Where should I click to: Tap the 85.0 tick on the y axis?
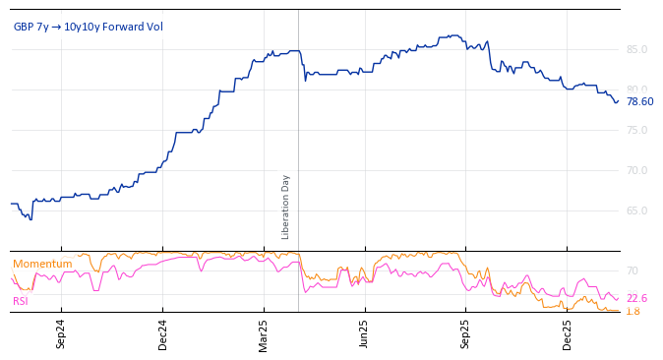click(636, 49)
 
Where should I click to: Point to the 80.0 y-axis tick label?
click(636, 90)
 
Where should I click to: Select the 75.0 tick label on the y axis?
click(636, 130)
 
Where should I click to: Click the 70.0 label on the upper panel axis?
click(636, 170)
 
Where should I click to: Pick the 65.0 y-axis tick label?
click(636, 210)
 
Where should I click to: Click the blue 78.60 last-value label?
click(639, 101)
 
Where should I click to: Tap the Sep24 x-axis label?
click(61, 333)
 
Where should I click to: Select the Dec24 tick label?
click(162, 333)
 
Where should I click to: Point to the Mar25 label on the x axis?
click(264, 333)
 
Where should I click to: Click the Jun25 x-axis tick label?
click(365, 333)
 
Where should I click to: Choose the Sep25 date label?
click(466, 333)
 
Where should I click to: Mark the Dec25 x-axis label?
click(568, 333)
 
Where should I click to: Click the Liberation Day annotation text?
click(286, 207)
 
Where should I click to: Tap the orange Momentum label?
click(42, 264)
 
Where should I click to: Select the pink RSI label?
click(21, 301)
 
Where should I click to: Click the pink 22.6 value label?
click(636, 298)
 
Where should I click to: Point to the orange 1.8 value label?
click(633, 311)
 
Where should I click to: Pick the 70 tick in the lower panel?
click(633, 270)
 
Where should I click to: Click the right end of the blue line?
click(619, 100)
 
